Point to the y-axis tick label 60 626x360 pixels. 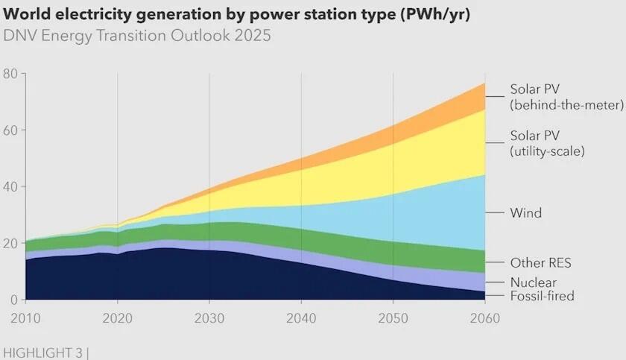10,130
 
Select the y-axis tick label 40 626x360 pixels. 10,186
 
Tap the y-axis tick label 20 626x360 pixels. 10,243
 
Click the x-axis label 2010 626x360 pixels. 25,317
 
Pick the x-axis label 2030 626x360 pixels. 209,317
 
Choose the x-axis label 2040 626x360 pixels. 300,317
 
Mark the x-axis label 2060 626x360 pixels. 484,317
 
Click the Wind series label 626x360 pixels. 525,213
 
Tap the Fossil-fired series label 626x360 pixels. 543,297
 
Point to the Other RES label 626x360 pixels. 540,263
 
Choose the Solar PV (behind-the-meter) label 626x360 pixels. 566,97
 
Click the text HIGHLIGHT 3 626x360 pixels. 42,350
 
